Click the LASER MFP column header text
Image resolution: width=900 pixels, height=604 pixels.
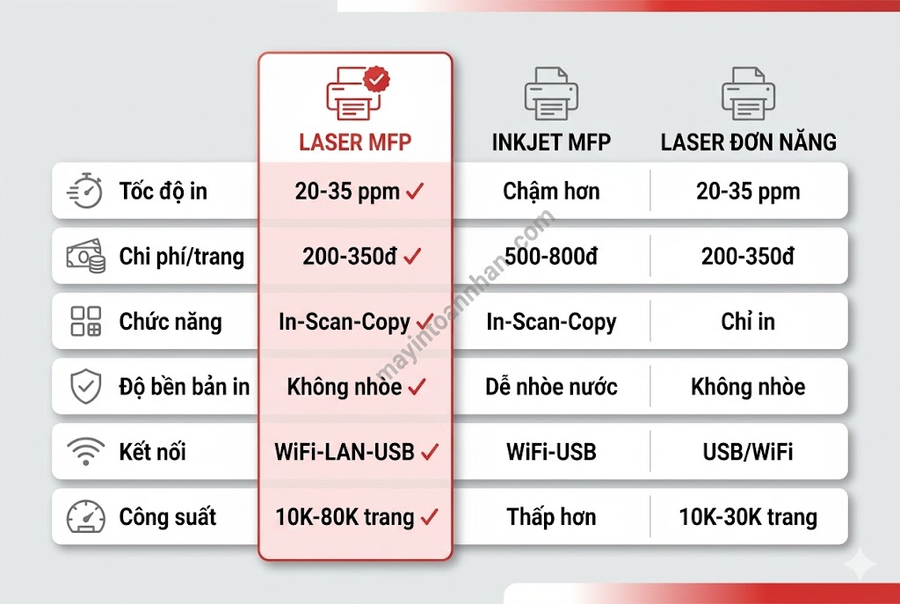tap(355, 142)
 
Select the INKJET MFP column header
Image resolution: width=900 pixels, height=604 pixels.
tap(551, 142)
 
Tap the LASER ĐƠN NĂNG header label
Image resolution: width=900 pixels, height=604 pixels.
tap(748, 142)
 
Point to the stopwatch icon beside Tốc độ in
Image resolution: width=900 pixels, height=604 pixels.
tap(85, 191)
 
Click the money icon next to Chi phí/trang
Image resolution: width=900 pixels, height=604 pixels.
tap(85, 256)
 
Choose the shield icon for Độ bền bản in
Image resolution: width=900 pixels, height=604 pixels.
tap(85, 386)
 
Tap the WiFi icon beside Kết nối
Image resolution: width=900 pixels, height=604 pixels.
tap(85, 452)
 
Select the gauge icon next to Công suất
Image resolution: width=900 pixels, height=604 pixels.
tap(85, 517)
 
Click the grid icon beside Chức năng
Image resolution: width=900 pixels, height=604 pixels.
tap(85, 322)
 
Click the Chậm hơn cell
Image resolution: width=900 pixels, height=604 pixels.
tap(551, 191)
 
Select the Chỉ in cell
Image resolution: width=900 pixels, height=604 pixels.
tap(748, 322)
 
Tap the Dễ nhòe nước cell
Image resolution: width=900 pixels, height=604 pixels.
tap(551, 386)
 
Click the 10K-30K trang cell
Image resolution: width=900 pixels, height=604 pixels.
tap(748, 517)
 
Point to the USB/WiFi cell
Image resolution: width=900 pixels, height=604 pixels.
tap(748, 452)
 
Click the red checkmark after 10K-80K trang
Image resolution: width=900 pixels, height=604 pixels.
tap(429, 517)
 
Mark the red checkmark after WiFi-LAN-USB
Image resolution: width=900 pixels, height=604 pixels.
tap(429, 452)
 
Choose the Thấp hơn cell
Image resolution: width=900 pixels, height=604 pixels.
tap(551, 517)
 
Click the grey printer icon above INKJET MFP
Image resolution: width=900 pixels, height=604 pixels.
tap(551, 93)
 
